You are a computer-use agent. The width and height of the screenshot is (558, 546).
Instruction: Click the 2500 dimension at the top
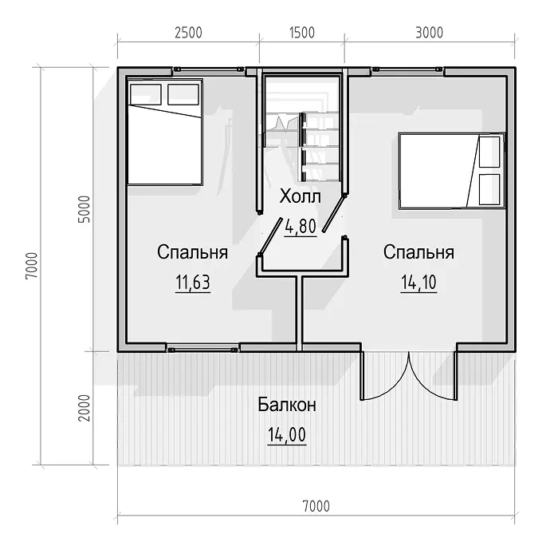[x=188, y=33]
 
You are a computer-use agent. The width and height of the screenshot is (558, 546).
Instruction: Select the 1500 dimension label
[x=302, y=33]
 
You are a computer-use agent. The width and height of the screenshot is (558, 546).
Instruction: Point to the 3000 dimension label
[x=429, y=33]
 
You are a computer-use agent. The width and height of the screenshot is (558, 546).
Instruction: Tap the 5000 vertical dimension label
[x=84, y=209]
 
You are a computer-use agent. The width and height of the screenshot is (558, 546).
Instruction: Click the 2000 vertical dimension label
[x=84, y=408]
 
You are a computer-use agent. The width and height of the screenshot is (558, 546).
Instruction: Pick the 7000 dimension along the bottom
[x=316, y=506]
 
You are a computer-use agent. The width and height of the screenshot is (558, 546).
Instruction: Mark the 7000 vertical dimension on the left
[x=32, y=266]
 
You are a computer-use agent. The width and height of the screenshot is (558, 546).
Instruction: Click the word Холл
[x=300, y=196]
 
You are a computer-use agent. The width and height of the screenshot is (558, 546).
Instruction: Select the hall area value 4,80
[x=301, y=227]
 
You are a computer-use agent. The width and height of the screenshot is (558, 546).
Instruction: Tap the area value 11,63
[x=193, y=283]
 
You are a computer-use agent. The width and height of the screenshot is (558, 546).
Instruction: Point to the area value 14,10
[x=418, y=283]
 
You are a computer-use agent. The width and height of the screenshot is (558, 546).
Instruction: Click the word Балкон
[x=287, y=405]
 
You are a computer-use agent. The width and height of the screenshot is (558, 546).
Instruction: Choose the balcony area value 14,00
[x=287, y=435]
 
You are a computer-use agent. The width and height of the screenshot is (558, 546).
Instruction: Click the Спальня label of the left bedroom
[x=193, y=252]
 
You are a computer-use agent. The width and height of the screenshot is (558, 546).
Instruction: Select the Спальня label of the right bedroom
[x=418, y=252]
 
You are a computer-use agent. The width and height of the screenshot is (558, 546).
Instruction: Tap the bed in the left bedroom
[x=165, y=132]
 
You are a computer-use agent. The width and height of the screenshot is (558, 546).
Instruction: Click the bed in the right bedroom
[x=452, y=171]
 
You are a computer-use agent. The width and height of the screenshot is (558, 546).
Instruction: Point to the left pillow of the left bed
[x=146, y=94]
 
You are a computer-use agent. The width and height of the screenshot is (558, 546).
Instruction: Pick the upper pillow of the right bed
[x=489, y=152]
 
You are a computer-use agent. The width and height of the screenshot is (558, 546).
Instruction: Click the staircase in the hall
[x=302, y=130]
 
